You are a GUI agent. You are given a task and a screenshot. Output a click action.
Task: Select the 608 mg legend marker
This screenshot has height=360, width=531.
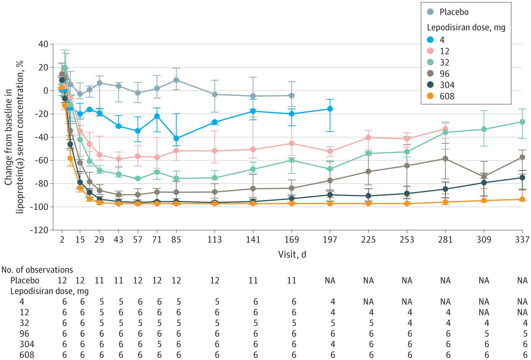pyautogui.click(x=430, y=96)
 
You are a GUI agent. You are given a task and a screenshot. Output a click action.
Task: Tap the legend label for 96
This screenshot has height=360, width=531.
pyautogui.click(x=444, y=74)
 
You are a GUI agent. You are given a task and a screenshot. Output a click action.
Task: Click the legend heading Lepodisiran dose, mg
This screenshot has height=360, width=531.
pyautogui.click(x=466, y=28)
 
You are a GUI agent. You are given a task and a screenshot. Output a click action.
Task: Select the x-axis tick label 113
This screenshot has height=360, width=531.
pyautogui.click(x=215, y=239)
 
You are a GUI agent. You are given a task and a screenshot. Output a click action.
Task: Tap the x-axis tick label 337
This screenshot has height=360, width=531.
pyautogui.click(x=522, y=239)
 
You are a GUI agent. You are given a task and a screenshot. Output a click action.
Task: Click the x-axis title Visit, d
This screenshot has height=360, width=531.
pyautogui.click(x=292, y=254)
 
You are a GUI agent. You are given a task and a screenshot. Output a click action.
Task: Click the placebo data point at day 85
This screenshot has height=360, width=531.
pyautogui.click(x=176, y=80)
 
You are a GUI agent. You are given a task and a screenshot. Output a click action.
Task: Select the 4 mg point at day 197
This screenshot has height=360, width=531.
pyautogui.click(x=330, y=109)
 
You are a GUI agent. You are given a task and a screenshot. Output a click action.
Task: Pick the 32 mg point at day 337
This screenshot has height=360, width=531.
pyautogui.click(x=522, y=122)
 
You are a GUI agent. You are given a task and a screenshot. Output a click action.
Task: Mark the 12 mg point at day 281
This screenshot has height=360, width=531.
pyautogui.click(x=445, y=129)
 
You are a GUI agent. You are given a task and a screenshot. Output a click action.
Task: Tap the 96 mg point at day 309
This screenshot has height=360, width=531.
pyautogui.click(x=484, y=177)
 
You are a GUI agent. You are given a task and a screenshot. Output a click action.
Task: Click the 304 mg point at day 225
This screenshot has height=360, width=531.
pyautogui.click(x=369, y=196)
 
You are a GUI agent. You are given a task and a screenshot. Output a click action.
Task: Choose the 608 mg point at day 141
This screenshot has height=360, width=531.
pyautogui.click(x=253, y=203)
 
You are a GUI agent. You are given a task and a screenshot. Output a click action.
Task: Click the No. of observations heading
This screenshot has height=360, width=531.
pyautogui.click(x=37, y=270)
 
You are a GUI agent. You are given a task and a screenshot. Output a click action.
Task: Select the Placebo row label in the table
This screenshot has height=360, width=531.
pyautogui.click(x=25, y=281)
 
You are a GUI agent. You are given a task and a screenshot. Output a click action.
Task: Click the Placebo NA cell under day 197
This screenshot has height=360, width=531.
pyautogui.click(x=330, y=281)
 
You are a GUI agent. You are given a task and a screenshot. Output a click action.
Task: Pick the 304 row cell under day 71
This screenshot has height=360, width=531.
pyautogui.click(x=159, y=344)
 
